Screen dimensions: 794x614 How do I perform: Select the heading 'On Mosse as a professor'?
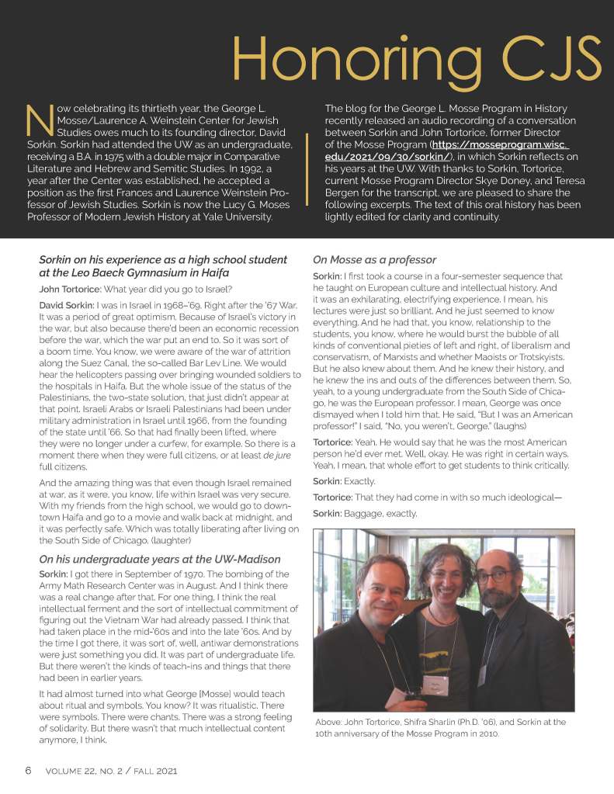point(374,260)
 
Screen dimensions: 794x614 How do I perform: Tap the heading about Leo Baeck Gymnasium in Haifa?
point(163,266)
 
